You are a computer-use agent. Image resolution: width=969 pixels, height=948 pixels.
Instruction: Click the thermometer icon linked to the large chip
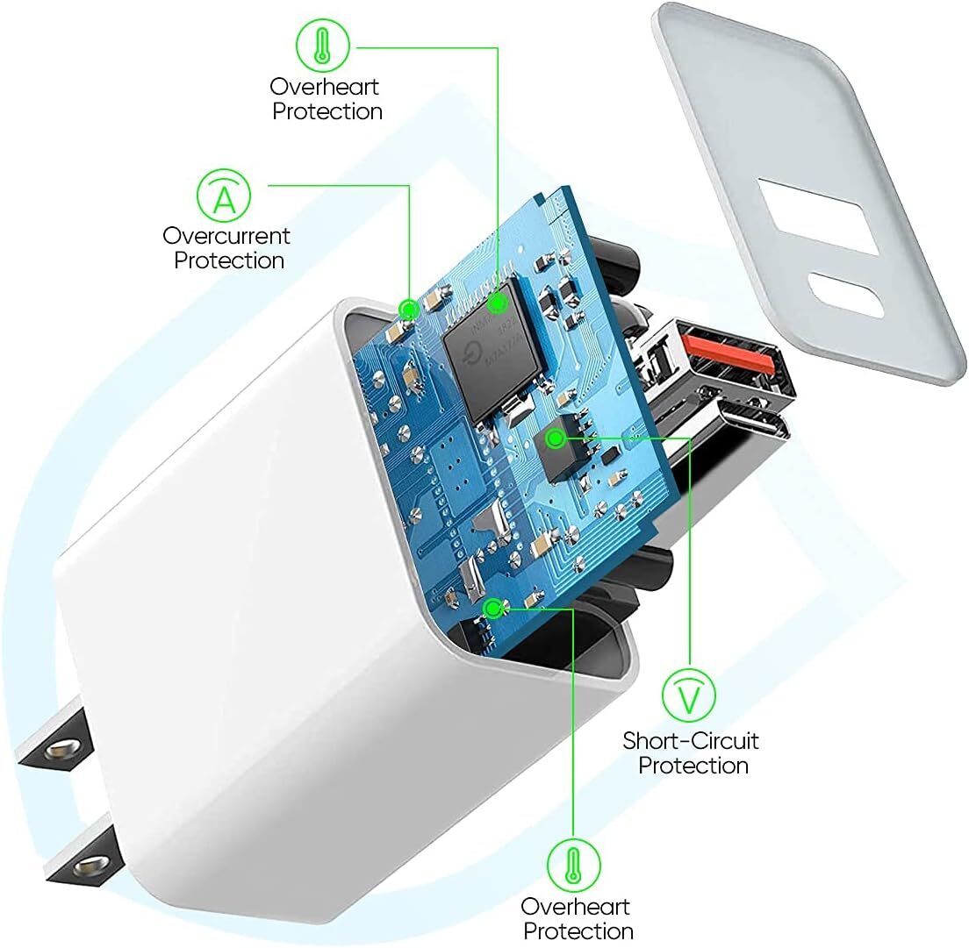coord(323,45)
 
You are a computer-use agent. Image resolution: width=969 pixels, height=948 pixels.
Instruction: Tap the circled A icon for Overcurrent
coord(224,196)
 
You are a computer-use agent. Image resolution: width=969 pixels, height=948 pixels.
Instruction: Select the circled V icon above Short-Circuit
coord(688,695)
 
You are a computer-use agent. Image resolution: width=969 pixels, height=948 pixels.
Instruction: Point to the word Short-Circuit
coord(690,740)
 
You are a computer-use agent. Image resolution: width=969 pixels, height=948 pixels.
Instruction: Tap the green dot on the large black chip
coord(498,303)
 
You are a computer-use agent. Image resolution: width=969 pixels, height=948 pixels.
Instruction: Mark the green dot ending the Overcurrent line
coord(408,308)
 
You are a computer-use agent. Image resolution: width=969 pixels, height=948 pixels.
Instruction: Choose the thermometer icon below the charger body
coord(573,865)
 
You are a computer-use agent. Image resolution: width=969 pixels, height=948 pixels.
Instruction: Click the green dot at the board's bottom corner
coord(492,609)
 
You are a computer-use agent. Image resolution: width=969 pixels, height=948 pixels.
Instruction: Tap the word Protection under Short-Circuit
coord(693,766)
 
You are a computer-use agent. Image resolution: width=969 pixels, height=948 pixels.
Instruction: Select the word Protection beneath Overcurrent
coord(229,260)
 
